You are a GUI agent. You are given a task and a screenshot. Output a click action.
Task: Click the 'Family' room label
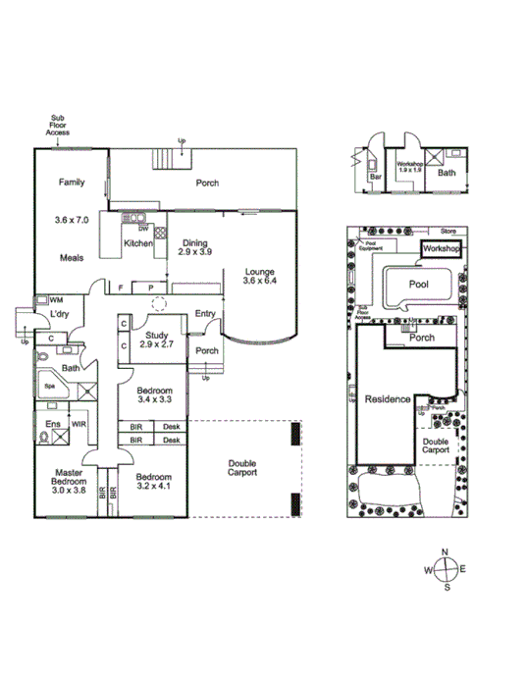pyautogui.click(x=70, y=183)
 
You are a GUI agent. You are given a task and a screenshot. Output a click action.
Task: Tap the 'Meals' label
pyautogui.click(x=69, y=258)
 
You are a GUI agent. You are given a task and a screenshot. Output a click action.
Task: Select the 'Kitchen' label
pyautogui.click(x=137, y=244)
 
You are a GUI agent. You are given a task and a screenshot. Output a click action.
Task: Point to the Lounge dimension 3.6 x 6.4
pyautogui.click(x=260, y=283)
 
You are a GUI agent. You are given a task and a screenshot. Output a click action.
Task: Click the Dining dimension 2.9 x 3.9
pyautogui.click(x=195, y=252)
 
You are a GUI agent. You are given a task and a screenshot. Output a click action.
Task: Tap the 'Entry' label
pyautogui.click(x=205, y=314)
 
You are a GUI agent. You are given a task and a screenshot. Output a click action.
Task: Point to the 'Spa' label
pyautogui.click(x=48, y=387)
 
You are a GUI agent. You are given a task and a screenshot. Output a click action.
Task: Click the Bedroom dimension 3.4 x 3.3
pyautogui.click(x=154, y=400)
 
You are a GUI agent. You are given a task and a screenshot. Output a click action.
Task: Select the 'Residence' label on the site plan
pyautogui.click(x=386, y=400)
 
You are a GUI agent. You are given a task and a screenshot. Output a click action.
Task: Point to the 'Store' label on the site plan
pyautogui.click(x=448, y=233)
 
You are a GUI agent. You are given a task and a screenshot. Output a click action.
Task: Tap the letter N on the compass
pyautogui.click(x=447, y=552)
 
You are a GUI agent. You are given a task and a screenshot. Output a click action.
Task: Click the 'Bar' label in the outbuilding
pyautogui.click(x=375, y=179)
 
